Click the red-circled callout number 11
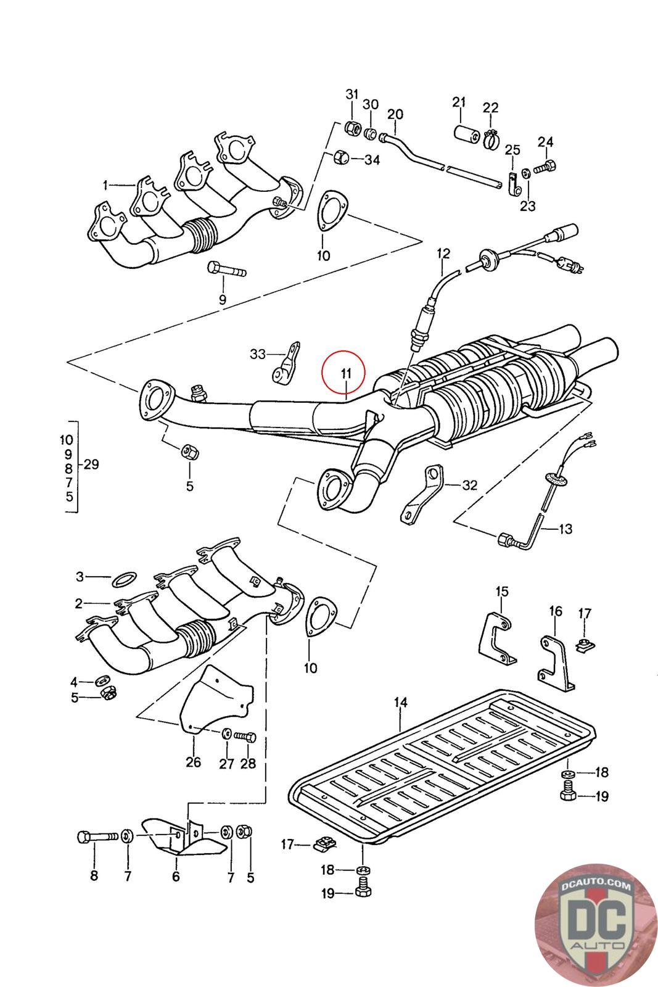tap(345, 373)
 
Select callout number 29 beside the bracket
tap(91, 465)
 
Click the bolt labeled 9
tap(227, 270)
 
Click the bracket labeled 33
tap(286, 365)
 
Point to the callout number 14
tap(401, 702)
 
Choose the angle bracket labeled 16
tap(556, 663)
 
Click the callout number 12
tap(443, 253)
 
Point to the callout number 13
tap(565, 529)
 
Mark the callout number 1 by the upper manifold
tap(105, 184)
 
